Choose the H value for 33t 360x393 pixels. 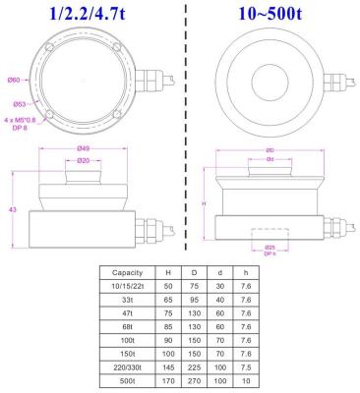(168, 298)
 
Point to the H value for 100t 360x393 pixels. (168, 336)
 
